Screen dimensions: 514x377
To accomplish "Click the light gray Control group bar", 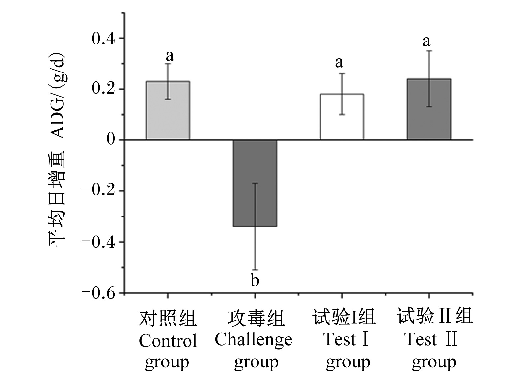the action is pos(168,110).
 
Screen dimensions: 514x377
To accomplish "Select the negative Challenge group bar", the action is pos(255,184).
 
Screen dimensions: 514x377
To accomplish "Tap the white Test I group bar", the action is pos(342,117).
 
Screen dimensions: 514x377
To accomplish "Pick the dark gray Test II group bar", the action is pos(429,109).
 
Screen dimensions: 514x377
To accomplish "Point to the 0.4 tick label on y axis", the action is pos(103,39).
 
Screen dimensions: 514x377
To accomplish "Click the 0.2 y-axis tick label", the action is pos(103,89).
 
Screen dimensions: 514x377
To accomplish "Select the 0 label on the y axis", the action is pos(111,139).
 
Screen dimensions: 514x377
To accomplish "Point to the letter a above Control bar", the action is pos(170,56).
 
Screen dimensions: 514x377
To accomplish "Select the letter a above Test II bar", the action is pos(426,42).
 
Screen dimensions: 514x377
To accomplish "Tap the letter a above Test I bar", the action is pos(339,63).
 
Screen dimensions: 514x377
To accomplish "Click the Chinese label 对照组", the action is pos(168,318).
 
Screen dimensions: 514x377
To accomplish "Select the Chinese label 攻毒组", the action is pos(256,318).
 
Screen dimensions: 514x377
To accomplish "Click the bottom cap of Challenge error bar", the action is pos(255,270).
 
